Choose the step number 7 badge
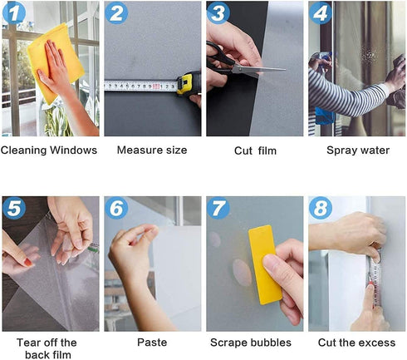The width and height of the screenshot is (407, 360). (x=218, y=209)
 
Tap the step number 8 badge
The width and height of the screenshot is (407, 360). (x=321, y=209)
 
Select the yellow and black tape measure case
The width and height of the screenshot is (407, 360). (x=189, y=83)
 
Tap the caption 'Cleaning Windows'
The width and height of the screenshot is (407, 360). (x=49, y=150)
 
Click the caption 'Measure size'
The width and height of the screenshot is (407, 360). (x=152, y=150)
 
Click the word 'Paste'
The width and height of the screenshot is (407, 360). (x=152, y=342)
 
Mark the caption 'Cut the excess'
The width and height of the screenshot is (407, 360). (x=356, y=342)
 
